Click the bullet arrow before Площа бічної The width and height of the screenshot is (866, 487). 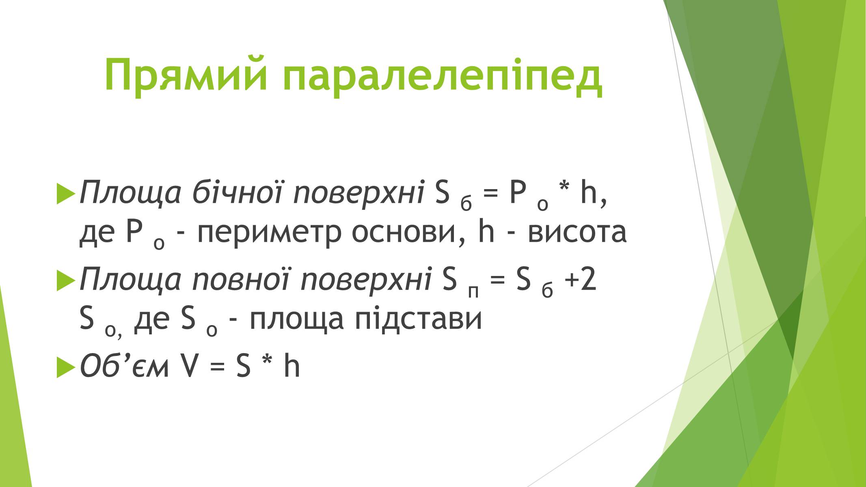tap(66, 194)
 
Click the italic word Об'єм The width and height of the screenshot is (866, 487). tap(124, 366)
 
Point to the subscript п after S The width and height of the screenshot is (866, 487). tap(473, 291)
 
